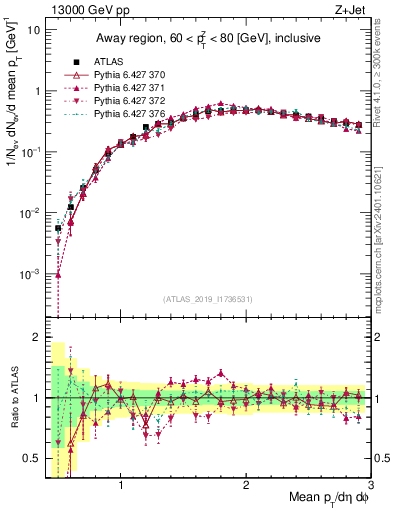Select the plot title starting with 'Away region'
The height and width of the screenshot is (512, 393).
(x=208, y=39)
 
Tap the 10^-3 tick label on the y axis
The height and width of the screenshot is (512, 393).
(x=32, y=274)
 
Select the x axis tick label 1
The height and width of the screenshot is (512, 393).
(x=121, y=486)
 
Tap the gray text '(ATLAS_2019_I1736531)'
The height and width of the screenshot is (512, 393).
(x=208, y=298)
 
